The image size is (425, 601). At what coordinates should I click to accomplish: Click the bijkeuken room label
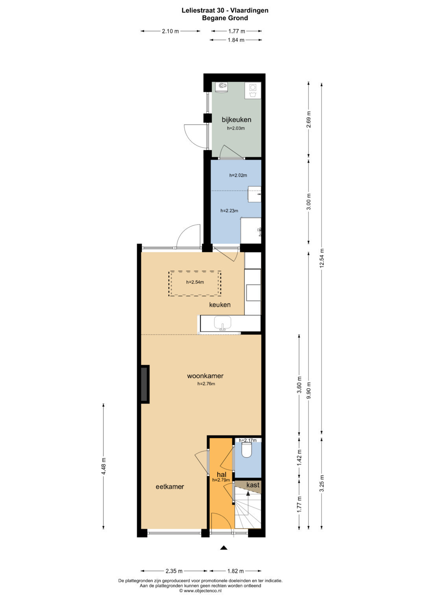pyautogui.click(x=236, y=120)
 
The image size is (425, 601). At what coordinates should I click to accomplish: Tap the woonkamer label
pyautogui.click(x=205, y=376)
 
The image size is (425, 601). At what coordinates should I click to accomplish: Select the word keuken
pyautogui.click(x=220, y=305)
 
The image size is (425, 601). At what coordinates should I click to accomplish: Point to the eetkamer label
pyautogui.click(x=170, y=487)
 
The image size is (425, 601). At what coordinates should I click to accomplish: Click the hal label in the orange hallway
pyautogui.click(x=222, y=475)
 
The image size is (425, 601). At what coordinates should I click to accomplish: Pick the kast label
pyautogui.click(x=253, y=485)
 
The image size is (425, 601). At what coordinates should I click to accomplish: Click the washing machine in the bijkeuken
pyautogui.click(x=253, y=91)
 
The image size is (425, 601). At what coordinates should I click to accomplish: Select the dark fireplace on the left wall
pyautogui.click(x=145, y=384)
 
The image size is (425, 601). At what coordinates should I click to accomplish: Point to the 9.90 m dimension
pyautogui.click(x=309, y=390)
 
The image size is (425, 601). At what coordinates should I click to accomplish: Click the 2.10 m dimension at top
pyautogui.click(x=170, y=31)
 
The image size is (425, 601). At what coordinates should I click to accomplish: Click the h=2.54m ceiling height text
pyautogui.click(x=195, y=282)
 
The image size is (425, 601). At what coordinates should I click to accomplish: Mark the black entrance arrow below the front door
pyautogui.click(x=224, y=548)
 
